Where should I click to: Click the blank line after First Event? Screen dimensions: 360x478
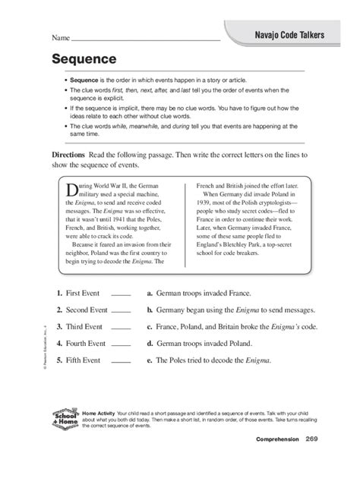tap(122, 293)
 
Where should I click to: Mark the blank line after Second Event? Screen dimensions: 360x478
tap(122, 310)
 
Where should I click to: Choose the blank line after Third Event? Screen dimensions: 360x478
tap(122, 327)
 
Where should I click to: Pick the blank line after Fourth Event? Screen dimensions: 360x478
tap(122, 344)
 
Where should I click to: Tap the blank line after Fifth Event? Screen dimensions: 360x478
tap(122, 362)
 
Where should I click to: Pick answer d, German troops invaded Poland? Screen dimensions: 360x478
tap(204, 344)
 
